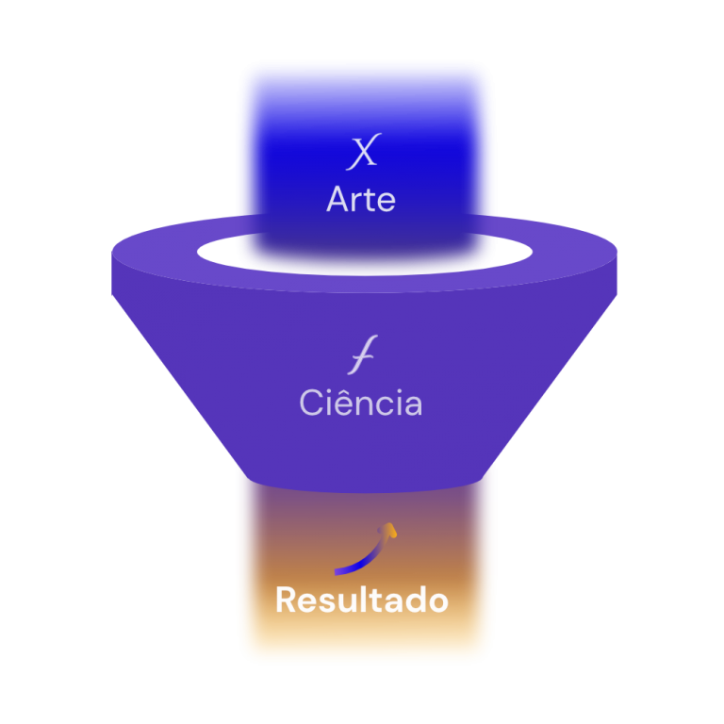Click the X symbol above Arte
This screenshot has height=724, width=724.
click(x=361, y=153)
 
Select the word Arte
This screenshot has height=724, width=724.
click(x=361, y=200)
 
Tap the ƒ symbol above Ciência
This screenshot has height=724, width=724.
click(x=361, y=359)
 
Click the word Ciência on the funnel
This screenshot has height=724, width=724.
click(x=361, y=403)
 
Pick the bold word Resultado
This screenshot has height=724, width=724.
click(x=361, y=601)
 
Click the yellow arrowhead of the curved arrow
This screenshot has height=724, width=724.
click(x=389, y=530)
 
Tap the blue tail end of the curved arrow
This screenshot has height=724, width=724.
click(x=338, y=569)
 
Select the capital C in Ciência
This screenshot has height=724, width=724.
click(x=312, y=403)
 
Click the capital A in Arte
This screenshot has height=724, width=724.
click(x=338, y=200)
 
